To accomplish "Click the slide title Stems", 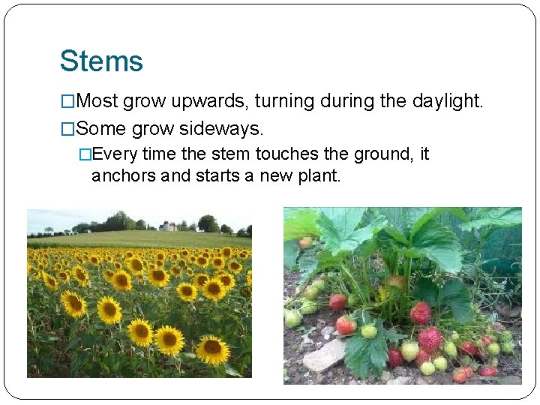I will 101,61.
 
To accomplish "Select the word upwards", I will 199,101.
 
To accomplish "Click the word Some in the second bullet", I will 101,129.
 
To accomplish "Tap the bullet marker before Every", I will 85,154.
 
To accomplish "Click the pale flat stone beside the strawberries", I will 325,356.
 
